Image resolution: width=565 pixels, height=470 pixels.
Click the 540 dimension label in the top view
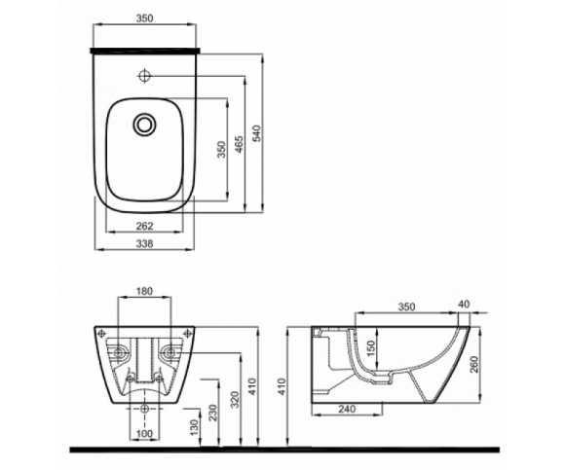256,133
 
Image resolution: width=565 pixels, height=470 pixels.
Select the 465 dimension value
239,144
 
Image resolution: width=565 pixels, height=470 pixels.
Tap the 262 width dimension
144,226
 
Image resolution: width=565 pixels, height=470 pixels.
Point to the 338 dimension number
144,243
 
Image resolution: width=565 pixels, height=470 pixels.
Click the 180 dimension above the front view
144,291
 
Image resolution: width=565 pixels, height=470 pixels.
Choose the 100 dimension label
144,434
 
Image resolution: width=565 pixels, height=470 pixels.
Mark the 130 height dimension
194,427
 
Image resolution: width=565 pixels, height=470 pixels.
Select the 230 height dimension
212,413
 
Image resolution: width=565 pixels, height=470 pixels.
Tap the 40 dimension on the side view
465,305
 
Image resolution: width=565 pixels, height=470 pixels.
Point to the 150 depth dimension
370,348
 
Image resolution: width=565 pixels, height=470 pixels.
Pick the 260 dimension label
473,364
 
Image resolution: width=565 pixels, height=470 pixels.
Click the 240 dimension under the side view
347,409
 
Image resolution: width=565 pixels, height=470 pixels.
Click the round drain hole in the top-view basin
144,125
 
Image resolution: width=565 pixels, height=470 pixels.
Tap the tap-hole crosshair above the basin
144,76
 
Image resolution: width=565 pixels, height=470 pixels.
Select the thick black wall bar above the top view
145,50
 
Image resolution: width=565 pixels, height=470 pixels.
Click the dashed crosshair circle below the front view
145,409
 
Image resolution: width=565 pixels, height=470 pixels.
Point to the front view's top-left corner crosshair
101,334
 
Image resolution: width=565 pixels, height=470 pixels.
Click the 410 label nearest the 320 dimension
252,386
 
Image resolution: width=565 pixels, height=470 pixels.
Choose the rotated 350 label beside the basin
221,149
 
